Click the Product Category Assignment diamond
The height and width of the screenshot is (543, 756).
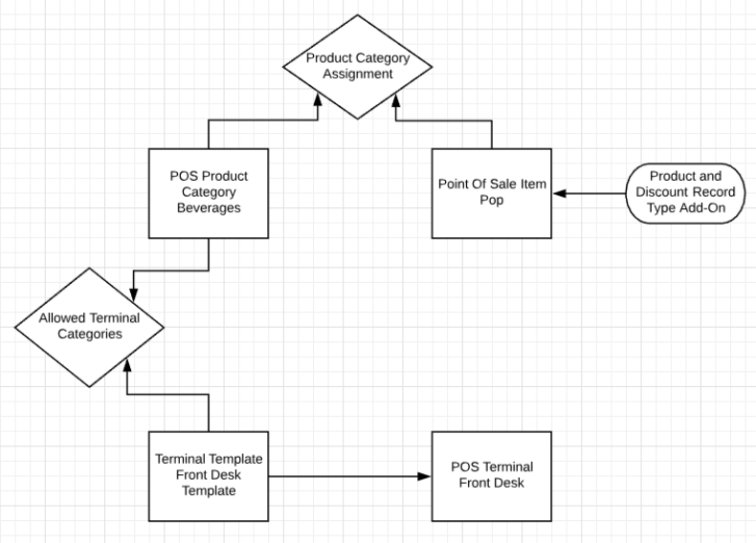coord(357,66)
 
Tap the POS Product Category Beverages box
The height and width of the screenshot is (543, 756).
coord(209,192)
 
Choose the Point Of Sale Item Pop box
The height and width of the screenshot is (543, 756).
coord(491,192)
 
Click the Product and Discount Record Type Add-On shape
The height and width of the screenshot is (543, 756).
coord(686,193)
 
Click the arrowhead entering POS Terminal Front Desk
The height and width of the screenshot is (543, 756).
coord(425,475)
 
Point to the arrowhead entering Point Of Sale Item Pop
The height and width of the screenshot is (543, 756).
coord(559,194)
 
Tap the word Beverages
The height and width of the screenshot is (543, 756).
coord(209,206)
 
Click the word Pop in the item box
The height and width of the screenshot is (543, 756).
coord(491,201)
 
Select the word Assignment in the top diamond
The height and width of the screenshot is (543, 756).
coord(357,74)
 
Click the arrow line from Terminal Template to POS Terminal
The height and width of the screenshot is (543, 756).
coord(345,475)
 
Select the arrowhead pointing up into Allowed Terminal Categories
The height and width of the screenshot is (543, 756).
coord(126,367)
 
